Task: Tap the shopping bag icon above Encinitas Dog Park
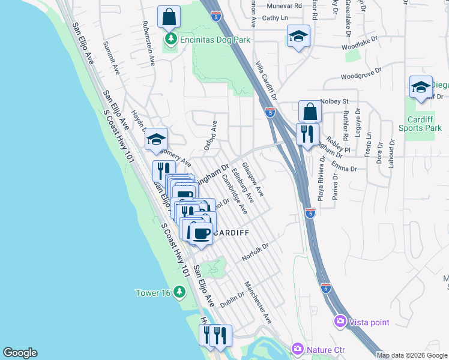click(169, 17)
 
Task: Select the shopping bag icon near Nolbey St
click(310, 112)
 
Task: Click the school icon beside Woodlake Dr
click(298, 36)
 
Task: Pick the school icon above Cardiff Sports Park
click(421, 87)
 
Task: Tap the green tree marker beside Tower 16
click(179, 292)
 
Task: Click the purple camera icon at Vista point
click(340, 322)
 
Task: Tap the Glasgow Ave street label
click(253, 179)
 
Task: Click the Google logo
click(20, 353)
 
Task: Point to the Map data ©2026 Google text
click(412, 355)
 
